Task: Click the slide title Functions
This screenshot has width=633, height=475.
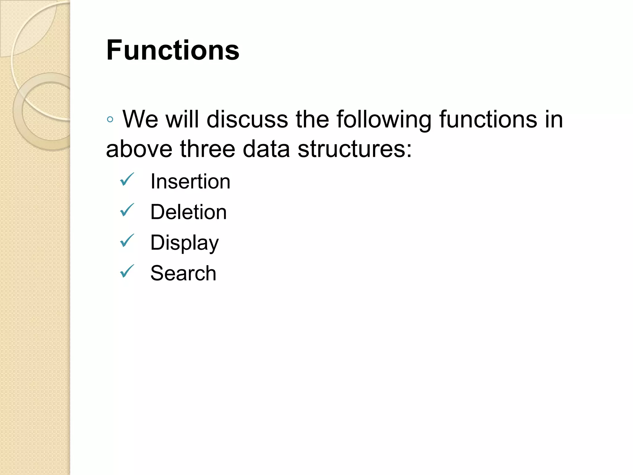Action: coord(172,50)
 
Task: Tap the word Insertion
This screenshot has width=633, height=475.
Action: coord(190,182)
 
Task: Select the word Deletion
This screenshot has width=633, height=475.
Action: coord(188,212)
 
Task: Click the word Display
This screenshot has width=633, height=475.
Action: coord(184,243)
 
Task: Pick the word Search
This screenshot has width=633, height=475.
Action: coord(183,273)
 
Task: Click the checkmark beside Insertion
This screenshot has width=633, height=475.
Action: coord(127,179)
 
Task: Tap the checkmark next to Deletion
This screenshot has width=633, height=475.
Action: coord(127,210)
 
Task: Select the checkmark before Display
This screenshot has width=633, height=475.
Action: coord(127,241)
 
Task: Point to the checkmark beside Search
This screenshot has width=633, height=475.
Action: coord(127,271)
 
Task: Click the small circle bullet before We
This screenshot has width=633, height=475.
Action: coord(110,119)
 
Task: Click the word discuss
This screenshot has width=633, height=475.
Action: coord(247,119)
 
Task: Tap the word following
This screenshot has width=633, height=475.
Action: coord(384,119)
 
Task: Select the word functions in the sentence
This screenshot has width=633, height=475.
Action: coord(488,119)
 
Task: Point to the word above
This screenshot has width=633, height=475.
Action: coord(139,149)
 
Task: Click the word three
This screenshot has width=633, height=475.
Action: coord(208,149)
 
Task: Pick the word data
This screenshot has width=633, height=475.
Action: coord(266,149)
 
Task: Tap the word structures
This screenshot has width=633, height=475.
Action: coord(354,149)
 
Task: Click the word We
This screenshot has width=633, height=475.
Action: coord(140,119)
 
